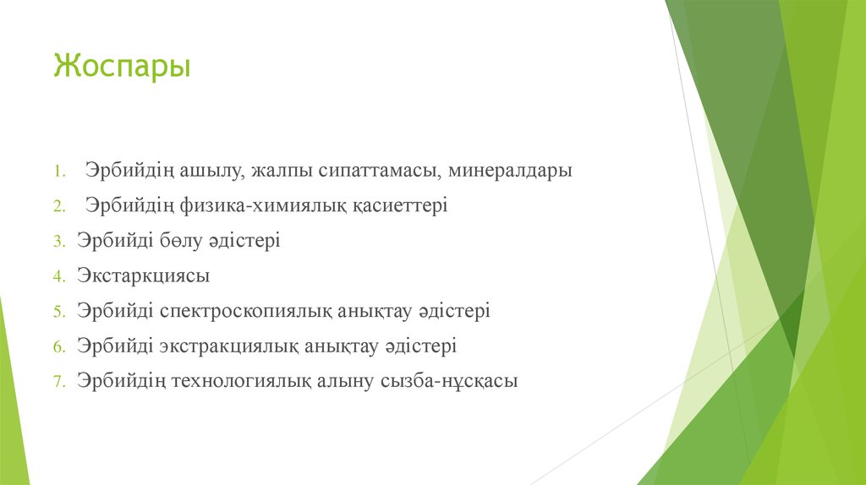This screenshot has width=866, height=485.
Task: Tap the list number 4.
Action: [59, 276]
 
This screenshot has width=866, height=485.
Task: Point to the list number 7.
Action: [59, 382]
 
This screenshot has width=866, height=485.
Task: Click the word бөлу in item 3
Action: [181, 241]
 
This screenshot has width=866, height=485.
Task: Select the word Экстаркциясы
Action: [143, 276]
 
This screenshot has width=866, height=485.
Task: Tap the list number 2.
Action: [59, 206]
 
